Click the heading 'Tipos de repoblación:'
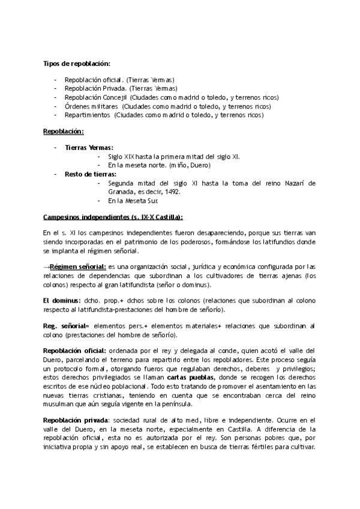point(76,63)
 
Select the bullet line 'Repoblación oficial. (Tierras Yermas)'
point(119,79)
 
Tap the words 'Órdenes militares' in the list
point(88,106)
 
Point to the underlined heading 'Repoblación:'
point(63,131)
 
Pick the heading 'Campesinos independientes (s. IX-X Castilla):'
point(113,217)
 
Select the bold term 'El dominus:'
point(62,300)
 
